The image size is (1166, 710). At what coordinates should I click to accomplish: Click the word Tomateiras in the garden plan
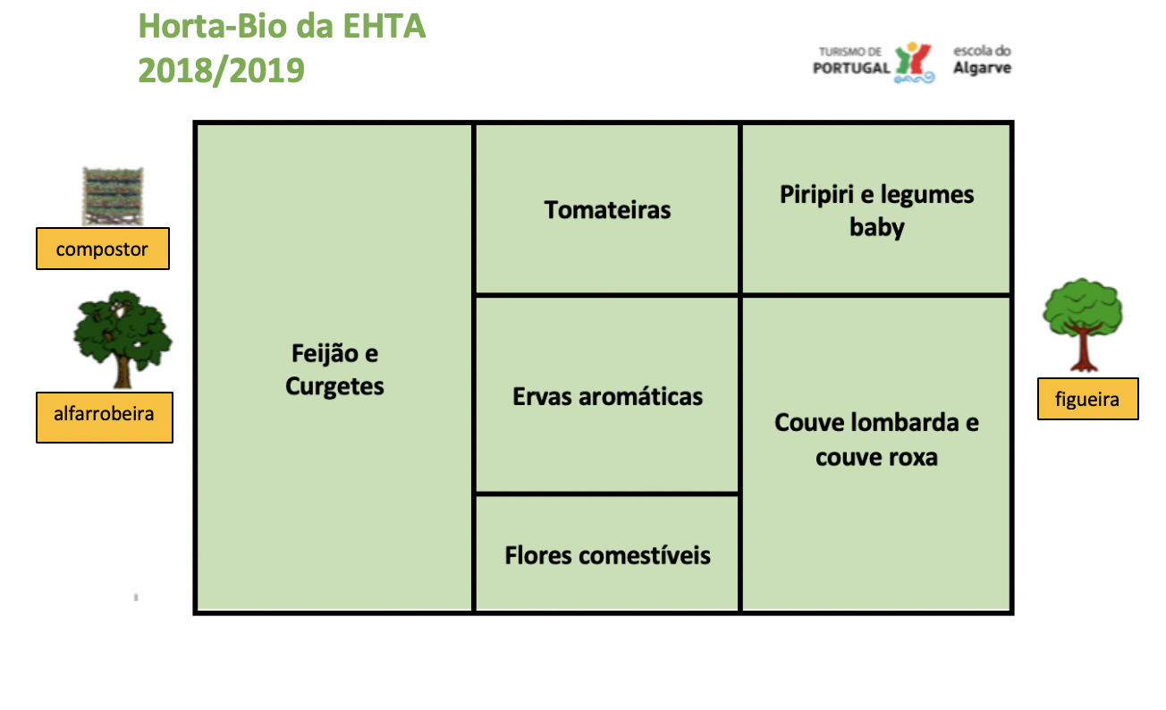coord(607,210)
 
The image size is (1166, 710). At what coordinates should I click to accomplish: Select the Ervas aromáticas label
coord(607,397)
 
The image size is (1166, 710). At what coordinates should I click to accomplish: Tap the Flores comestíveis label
coord(607,555)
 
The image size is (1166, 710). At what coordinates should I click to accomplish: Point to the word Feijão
coord(325,354)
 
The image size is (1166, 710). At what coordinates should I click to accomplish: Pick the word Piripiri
coord(815,196)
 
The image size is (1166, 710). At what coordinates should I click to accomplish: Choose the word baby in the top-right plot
coord(877,228)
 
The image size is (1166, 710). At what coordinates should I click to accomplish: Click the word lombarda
coord(905,423)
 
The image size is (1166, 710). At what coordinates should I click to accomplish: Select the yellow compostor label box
coord(103,249)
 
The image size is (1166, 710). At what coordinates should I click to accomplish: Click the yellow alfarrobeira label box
coord(104,418)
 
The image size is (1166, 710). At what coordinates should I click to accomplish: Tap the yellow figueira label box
coord(1088,399)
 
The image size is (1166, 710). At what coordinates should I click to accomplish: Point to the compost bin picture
coord(113,196)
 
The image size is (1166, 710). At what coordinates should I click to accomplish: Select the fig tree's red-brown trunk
coord(1084,348)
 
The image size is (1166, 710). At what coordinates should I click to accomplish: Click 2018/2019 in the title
coord(221,71)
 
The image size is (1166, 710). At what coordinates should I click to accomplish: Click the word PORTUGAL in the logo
coord(852,68)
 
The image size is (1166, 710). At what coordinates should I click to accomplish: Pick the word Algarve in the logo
coord(983,68)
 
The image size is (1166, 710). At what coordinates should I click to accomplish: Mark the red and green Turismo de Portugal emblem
coord(915,63)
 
